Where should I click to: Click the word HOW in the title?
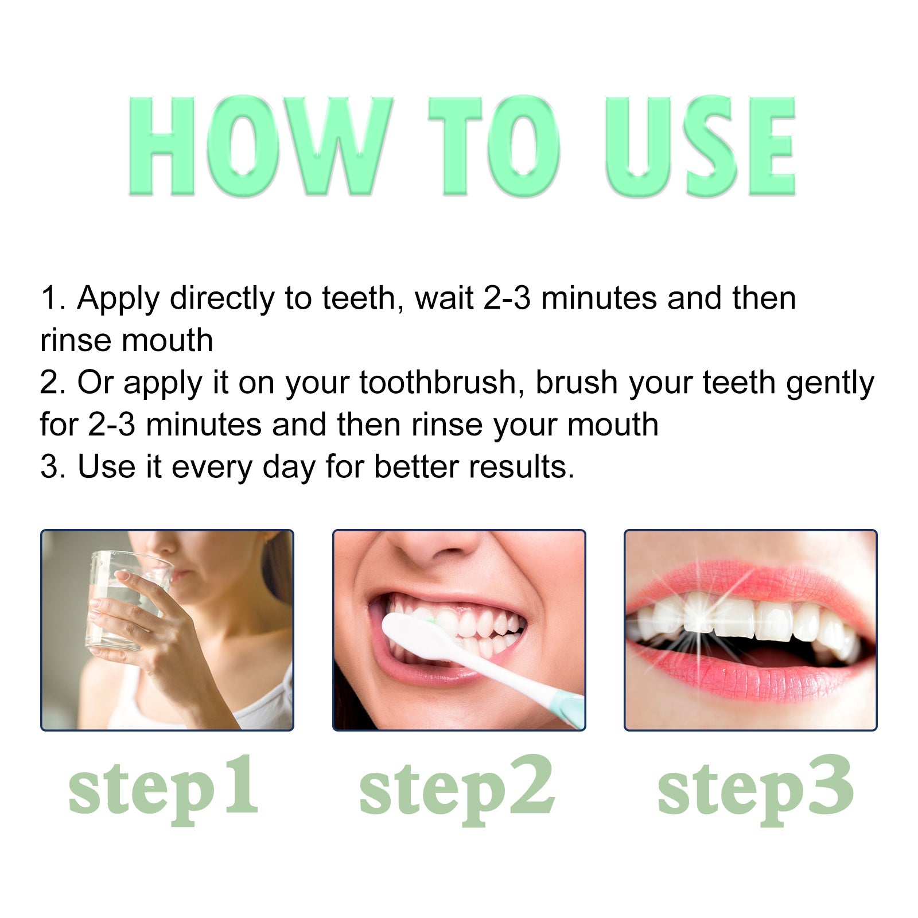coord(258,146)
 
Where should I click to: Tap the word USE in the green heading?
coord(700,146)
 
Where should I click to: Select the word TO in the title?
coord(493,146)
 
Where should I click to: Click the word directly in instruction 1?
coord(222,298)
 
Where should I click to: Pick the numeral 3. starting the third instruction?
coord(53,466)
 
